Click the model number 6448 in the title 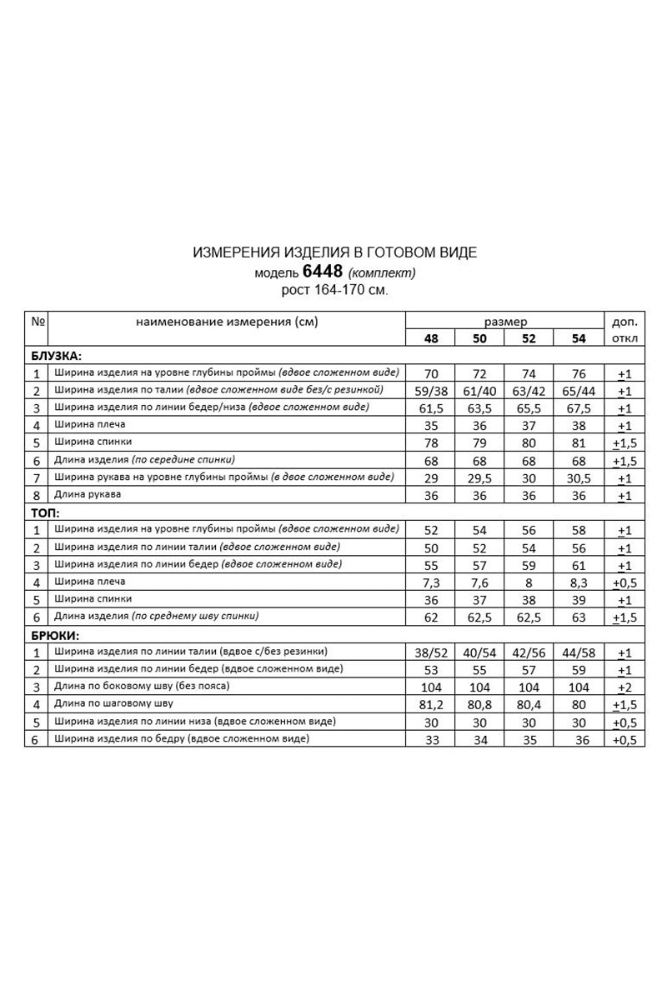(x=323, y=272)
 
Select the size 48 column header (x=431, y=338)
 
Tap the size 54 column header (x=579, y=338)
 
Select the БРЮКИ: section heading (x=55, y=636)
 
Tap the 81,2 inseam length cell (x=431, y=705)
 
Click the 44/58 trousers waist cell (x=579, y=653)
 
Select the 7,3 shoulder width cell (x=431, y=582)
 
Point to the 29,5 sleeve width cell (x=480, y=478)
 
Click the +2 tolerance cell (x=624, y=687)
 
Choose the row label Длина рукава (x=88, y=494)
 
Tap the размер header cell (x=505, y=321)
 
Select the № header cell (x=38, y=321)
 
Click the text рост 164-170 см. (x=335, y=290)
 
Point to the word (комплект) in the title (x=381, y=272)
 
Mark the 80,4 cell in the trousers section (x=529, y=705)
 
